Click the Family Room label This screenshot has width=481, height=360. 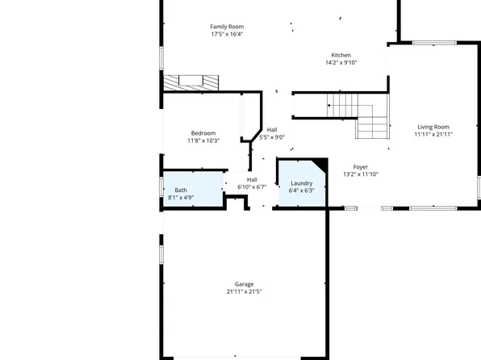[227, 26]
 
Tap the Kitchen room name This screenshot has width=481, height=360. [341, 55]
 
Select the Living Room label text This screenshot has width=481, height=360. [433, 127]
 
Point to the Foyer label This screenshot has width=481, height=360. [360, 166]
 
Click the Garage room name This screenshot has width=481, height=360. [244, 284]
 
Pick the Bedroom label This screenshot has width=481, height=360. [203, 133]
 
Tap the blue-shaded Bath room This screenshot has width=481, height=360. [193, 189]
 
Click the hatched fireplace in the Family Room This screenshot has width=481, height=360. [191, 82]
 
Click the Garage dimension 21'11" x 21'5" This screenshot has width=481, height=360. [244, 291]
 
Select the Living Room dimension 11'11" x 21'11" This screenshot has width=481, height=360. [433, 134]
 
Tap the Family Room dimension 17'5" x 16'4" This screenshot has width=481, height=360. [227, 34]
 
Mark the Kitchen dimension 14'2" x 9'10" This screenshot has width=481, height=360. [341, 62]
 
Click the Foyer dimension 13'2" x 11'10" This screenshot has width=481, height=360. [360, 174]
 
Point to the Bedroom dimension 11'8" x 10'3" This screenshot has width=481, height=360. [203, 140]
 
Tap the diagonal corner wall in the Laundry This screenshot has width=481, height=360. [320, 165]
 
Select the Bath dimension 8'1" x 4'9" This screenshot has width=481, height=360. [181, 198]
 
